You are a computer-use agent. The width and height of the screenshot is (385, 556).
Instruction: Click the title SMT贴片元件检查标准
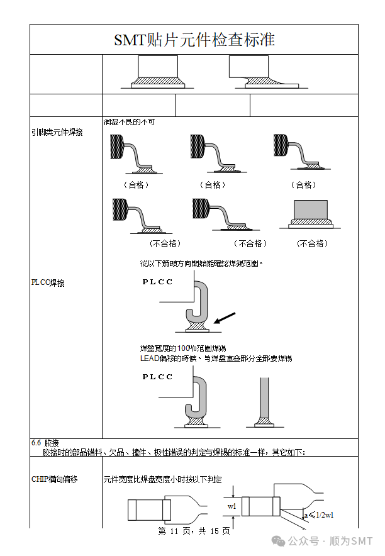click(x=194, y=40)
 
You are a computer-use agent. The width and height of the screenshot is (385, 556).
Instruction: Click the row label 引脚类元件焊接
click(x=57, y=133)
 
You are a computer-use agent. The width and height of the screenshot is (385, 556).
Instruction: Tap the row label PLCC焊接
click(x=48, y=283)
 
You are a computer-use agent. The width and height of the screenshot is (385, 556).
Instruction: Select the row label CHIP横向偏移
click(x=55, y=479)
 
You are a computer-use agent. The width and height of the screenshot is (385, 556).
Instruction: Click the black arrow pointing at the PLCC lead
click(x=226, y=318)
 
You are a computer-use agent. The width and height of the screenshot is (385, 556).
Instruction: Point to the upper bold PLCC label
click(x=157, y=282)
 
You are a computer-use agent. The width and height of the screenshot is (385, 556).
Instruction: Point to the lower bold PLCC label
click(x=157, y=377)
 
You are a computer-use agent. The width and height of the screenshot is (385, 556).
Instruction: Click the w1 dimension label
click(x=232, y=506)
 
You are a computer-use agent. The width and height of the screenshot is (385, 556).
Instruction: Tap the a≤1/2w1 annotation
click(x=318, y=514)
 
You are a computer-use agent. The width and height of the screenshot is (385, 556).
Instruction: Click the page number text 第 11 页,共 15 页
click(x=193, y=531)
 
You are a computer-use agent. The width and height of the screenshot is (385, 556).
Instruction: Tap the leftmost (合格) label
click(x=136, y=185)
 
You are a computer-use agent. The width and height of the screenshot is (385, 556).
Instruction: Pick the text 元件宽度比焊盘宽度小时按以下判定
click(x=162, y=480)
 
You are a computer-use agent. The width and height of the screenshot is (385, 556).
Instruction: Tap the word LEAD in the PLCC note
click(x=150, y=359)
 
